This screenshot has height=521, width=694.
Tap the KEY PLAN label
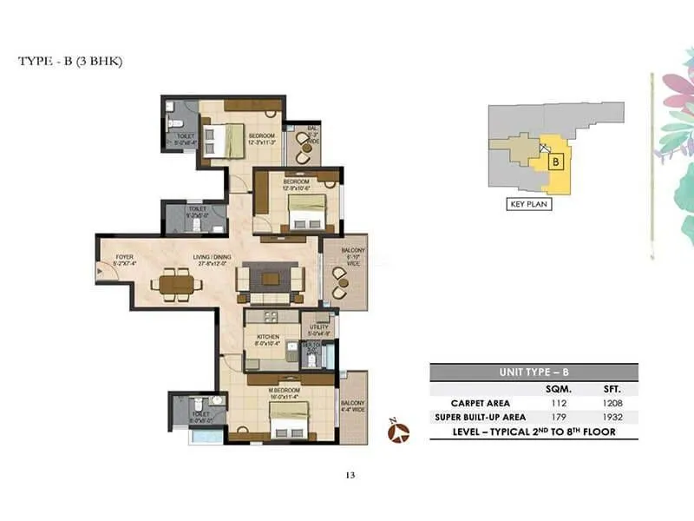(529, 205)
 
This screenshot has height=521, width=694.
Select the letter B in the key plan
(557, 161)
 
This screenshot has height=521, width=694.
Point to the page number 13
(350, 474)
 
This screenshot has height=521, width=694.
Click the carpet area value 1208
(612, 403)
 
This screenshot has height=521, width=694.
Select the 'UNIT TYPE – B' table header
(534, 372)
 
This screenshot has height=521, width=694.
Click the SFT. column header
(612, 389)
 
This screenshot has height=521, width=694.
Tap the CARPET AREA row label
(481, 403)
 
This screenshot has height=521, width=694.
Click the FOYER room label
(125, 257)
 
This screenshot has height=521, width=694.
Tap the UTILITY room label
(316, 326)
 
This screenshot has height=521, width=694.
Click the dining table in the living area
(173, 282)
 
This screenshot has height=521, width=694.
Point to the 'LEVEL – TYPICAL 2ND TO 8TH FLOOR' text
(534, 432)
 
